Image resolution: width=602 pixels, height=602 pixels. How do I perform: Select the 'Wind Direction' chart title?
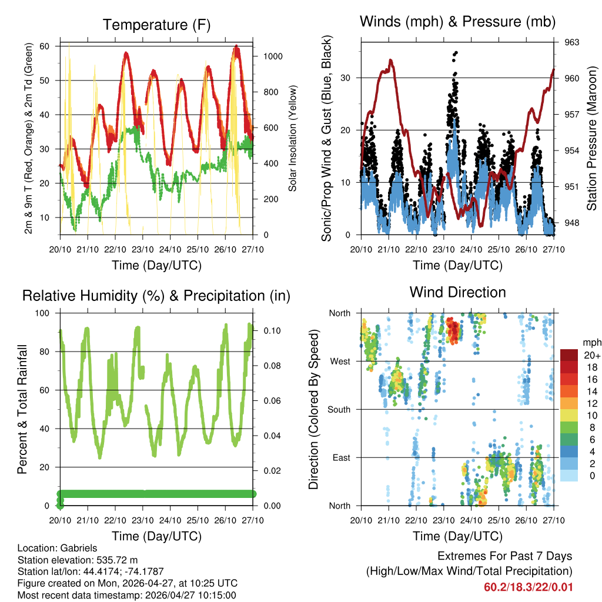(457, 292)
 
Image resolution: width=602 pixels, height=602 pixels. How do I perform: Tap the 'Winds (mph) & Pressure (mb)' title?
(457, 22)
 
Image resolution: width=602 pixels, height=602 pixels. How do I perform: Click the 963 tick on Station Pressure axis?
(572, 42)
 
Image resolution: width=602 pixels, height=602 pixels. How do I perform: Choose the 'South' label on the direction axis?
(339, 409)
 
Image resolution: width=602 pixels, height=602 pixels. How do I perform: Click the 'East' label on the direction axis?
(342, 457)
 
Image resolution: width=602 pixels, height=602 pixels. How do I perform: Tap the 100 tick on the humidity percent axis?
(44, 313)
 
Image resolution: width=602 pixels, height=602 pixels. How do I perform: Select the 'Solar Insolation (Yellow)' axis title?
(292, 138)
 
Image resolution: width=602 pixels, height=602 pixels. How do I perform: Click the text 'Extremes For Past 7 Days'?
(504, 556)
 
